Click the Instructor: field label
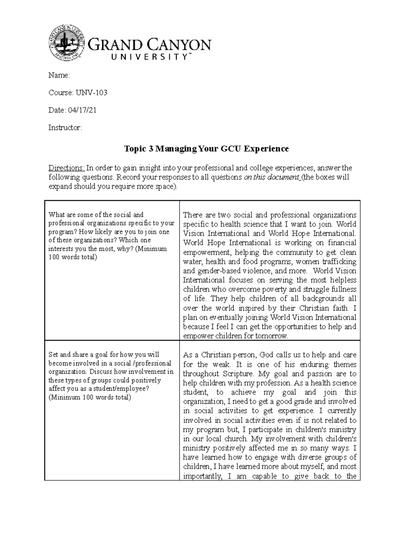click(65, 128)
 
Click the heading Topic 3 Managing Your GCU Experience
click(206, 149)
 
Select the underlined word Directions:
click(66, 168)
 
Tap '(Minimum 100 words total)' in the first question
click(108, 253)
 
